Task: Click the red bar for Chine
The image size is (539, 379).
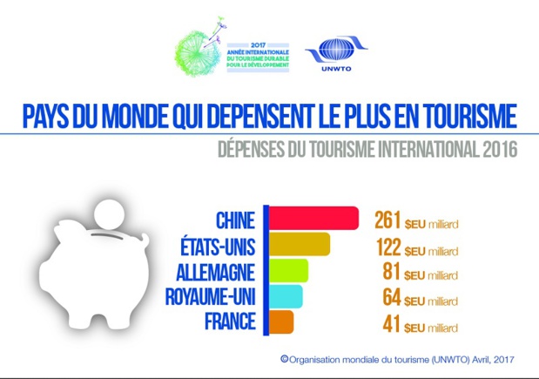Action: (313, 219)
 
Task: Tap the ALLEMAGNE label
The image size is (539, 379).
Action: (216, 271)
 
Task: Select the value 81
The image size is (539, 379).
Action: (393, 272)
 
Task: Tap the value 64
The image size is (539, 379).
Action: (393, 298)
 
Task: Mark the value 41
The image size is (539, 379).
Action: (393, 324)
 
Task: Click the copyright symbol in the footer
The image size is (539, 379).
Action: (283, 357)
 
